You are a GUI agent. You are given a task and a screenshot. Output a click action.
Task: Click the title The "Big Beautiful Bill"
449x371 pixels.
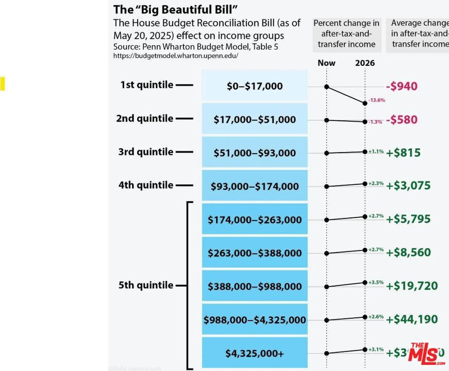pos(175,9)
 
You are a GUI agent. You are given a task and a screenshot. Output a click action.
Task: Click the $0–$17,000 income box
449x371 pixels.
pos(255,86)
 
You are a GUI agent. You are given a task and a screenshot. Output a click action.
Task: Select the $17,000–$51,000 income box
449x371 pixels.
pos(255,119)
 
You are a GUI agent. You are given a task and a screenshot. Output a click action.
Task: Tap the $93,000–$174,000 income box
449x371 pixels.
pos(255,186)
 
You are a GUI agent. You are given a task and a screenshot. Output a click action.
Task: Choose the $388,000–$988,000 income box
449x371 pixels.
pos(255,286)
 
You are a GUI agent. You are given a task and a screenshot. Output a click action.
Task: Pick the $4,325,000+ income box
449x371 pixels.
pos(255,353)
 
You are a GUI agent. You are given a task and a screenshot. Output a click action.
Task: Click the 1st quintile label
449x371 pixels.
pos(147,85)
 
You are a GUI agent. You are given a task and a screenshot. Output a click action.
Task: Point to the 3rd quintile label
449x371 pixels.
pos(147,152)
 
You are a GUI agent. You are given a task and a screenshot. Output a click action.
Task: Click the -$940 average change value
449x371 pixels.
pos(402,86)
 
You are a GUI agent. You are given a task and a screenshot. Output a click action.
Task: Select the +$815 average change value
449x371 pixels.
pos(403,153)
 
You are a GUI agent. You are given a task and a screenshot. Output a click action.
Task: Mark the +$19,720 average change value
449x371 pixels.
pos(412,286)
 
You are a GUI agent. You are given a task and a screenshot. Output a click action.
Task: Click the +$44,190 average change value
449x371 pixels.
pos(412,319)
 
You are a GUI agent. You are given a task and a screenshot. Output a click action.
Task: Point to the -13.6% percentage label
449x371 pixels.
pos(376,100)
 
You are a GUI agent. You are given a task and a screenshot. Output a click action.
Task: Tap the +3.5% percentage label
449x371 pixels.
pos(376,282)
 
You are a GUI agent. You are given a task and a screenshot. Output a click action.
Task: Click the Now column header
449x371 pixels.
pos(326,63)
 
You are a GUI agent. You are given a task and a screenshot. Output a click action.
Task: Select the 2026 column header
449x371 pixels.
pos(365,63)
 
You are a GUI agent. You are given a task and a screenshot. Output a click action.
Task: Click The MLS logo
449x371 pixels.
pos(426,353)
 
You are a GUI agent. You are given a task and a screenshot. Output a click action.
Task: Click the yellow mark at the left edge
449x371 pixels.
pos(2,83)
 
